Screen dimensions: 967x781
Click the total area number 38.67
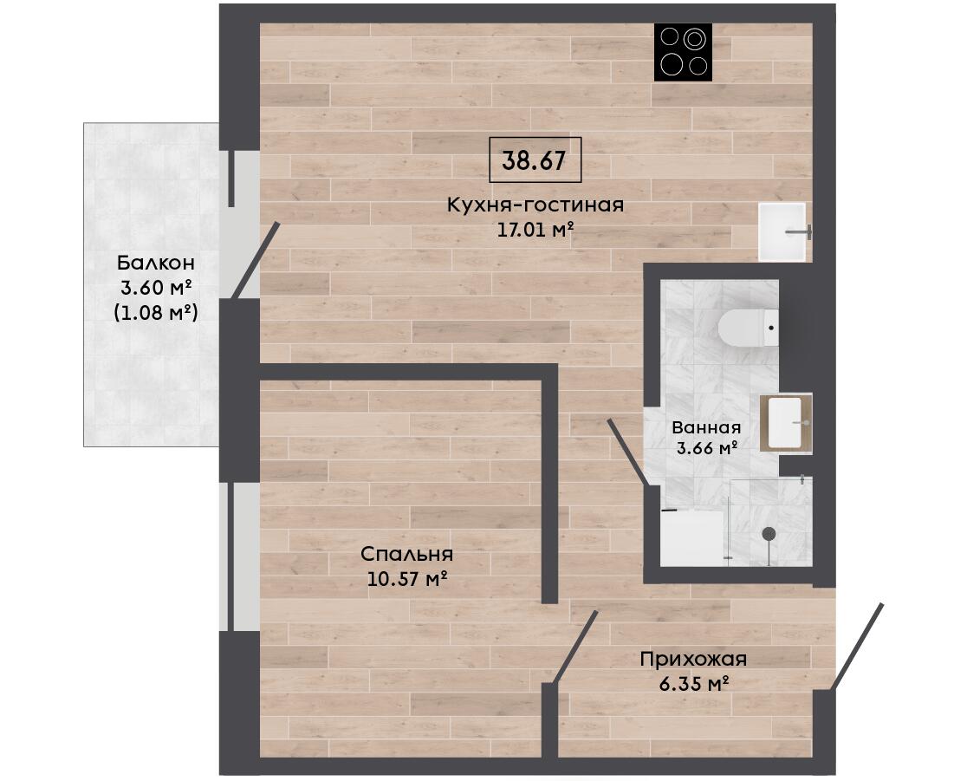point(534,160)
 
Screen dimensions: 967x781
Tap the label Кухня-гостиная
point(535,205)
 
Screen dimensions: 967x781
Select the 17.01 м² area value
point(535,230)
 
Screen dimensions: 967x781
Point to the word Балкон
point(156,263)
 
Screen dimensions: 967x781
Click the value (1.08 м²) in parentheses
point(156,313)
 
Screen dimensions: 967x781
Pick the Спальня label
point(406,554)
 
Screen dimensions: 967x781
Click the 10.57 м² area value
point(406,579)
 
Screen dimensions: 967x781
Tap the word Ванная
point(706,426)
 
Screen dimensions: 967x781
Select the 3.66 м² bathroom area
point(707,448)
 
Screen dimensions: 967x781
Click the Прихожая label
point(693,659)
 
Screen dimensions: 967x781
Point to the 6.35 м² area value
point(694,684)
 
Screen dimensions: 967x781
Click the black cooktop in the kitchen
point(684,52)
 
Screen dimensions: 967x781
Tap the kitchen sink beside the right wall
point(782,231)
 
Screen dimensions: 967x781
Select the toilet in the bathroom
point(749,327)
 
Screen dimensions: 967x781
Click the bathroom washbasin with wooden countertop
point(785,423)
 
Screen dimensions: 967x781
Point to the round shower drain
point(769,534)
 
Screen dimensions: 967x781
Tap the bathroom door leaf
point(628,452)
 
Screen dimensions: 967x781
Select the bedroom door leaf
point(575,648)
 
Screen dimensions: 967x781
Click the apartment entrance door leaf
point(857,646)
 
